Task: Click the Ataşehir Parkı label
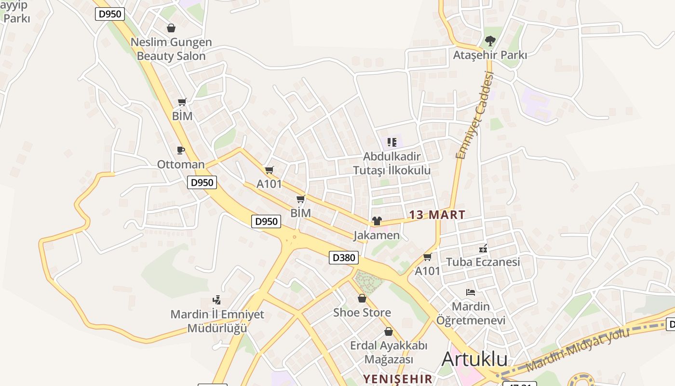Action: [490, 55]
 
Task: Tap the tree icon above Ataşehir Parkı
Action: [490, 41]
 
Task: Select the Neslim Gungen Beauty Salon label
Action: [171, 49]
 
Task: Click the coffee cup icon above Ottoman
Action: [181, 151]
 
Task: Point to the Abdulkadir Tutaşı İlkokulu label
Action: [391, 164]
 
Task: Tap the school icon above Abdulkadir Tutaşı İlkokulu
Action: [392, 142]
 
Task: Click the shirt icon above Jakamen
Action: [377, 221]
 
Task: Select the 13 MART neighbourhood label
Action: [437, 215]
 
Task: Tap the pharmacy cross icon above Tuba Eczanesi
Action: [483, 249]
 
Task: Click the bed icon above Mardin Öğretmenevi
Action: [471, 292]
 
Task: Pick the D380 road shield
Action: [344, 258]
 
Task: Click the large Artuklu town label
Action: [474, 359]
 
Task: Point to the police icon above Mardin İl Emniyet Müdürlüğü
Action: [217, 300]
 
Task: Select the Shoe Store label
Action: [362, 313]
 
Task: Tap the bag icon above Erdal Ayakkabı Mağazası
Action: [389, 331]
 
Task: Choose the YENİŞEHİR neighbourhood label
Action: [398, 379]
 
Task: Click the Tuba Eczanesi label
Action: [483, 262]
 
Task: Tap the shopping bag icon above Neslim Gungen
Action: [171, 28]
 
